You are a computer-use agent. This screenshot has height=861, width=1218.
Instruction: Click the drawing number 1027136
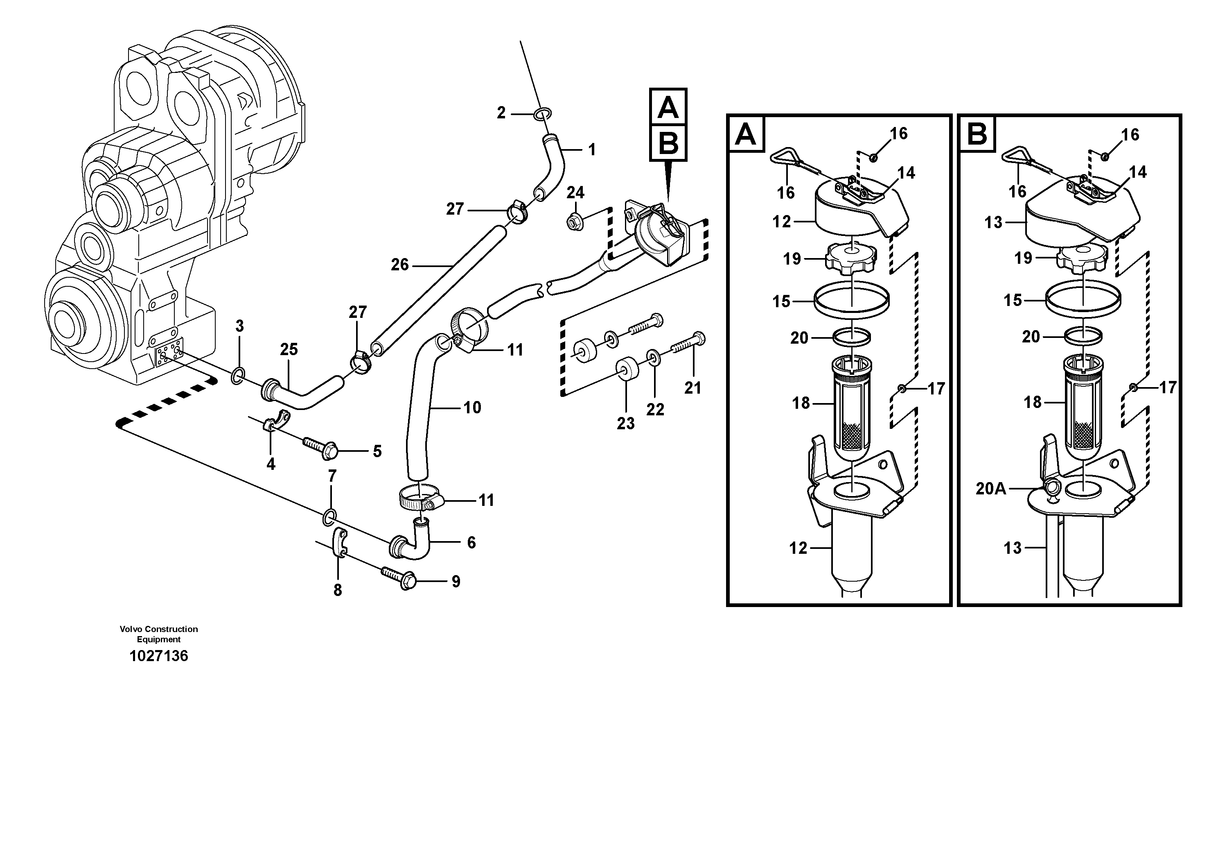159,656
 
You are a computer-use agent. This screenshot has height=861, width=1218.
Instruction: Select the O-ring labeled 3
238,377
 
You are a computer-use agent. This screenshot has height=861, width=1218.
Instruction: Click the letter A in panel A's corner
746,134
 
